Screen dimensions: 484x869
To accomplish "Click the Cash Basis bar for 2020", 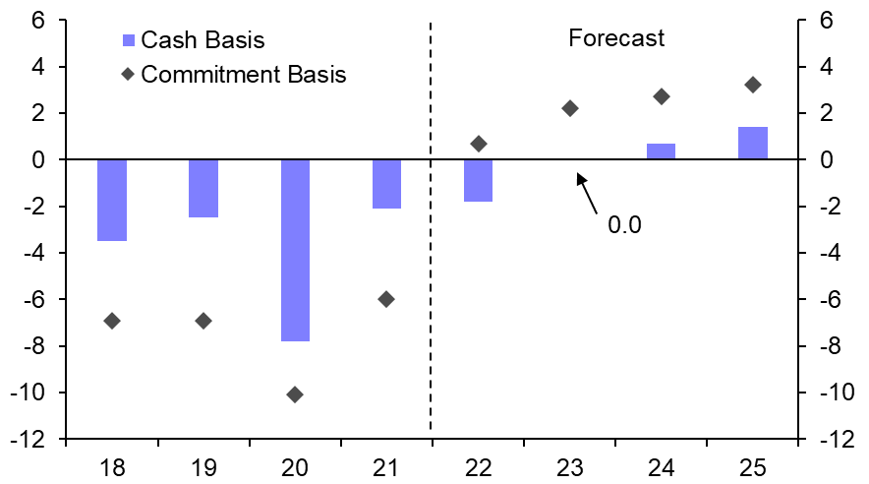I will pyautogui.click(x=295, y=250).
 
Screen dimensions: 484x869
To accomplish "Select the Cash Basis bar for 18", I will pyautogui.click(x=112, y=200).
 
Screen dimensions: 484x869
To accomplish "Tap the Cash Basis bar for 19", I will pyautogui.click(x=203, y=188).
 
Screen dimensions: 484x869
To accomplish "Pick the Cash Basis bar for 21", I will pyautogui.click(x=386, y=184).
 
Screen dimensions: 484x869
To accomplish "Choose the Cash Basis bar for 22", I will pyautogui.click(x=478, y=180).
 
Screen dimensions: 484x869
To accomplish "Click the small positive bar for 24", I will pyautogui.click(x=662, y=151).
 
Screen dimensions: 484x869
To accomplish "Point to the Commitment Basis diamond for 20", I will pyautogui.click(x=295, y=394).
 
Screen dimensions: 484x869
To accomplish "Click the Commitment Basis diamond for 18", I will pyautogui.click(x=112, y=321).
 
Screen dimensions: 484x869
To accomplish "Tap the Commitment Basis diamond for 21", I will pyautogui.click(x=386, y=299).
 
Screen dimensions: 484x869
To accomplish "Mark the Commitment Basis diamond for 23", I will pyautogui.click(x=570, y=108).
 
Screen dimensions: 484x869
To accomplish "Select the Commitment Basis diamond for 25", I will pyautogui.click(x=753, y=85).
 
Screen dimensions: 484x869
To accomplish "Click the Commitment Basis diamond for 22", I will pyautogui.click(x=479, y=144).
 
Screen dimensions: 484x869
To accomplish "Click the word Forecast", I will pyautogui.click(x=616, y=38).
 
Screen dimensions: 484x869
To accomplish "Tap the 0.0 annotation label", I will pyautogui.click(x=624, y=225).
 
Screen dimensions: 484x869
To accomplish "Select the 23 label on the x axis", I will pyautogui.click(x=570, y=463).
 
